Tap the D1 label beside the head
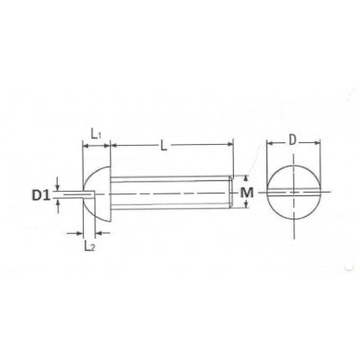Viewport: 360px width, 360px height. point(41,193)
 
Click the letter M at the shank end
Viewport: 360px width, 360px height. point(249,193)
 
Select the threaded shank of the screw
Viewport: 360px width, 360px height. point(171,193)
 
